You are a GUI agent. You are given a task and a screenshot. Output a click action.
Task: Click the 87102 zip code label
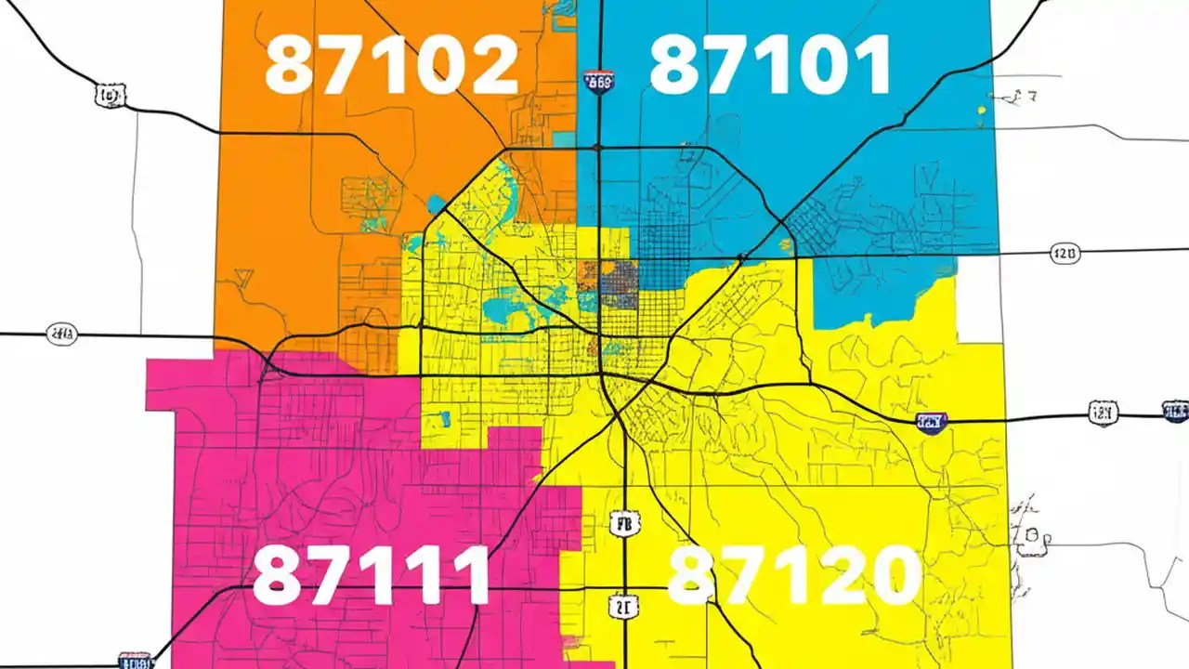coord(391,66)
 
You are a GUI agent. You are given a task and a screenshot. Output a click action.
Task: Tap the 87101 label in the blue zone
coord(770,66)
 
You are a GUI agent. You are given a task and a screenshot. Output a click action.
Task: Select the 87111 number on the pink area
coord(371,575)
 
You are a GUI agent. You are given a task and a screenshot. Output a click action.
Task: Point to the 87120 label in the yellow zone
coord(794,574)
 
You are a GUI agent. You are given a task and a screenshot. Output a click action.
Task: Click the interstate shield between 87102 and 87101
coord(599,83)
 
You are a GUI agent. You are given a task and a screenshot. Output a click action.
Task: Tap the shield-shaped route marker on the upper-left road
coord(110,94)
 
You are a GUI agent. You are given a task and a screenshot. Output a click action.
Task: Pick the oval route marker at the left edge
coord(62,334)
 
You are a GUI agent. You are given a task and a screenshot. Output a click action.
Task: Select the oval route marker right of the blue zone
coord(1065,253)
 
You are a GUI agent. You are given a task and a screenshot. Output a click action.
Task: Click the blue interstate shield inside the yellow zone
coord(931,423)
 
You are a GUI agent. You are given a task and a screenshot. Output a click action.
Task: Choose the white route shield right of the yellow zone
coord(1103,413)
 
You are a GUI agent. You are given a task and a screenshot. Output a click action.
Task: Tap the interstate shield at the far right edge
coord(1175,411)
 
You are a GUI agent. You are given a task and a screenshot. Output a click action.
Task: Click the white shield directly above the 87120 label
coord(625,525)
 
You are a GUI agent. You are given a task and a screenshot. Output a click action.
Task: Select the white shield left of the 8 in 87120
coord(624,607)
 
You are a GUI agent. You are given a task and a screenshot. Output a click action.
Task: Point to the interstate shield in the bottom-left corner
coord(136,661)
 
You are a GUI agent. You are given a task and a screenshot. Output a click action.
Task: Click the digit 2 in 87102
coord(490,66)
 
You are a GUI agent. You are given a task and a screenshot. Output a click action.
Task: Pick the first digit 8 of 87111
coord(277,575)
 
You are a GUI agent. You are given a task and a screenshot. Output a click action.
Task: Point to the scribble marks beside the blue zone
coord(1026,96)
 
